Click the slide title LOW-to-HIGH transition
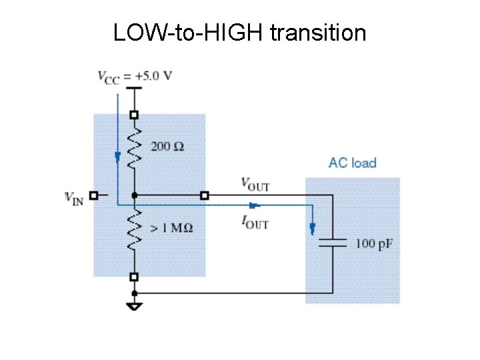pyautogui.click(x=239, y=32)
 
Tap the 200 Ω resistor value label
pyautogui.click(x=167, y=146)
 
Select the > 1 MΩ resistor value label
pyautogui.click(x=171, y=227)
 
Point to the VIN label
pyautogui.click(x=74, y=197)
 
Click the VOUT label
pyautogui.click(x=255, y=183)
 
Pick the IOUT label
pyautogui.click(x=254, y=223)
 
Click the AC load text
pyautogui.click(x=352, y=163)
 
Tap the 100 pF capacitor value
pyautogui.click(x=374, y=243)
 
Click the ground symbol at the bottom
pyautogui.click(x=135, y=305)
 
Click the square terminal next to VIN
pyautogui.click(x=94, y=196)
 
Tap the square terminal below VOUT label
pyautogui.click(x=204, y=195)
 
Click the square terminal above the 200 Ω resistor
pyautogui.click(x=135, y=114)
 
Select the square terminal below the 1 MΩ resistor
pyautogui.click(x=135, y=277)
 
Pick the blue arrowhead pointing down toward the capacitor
pyautogui.click(x=312, y=229)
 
